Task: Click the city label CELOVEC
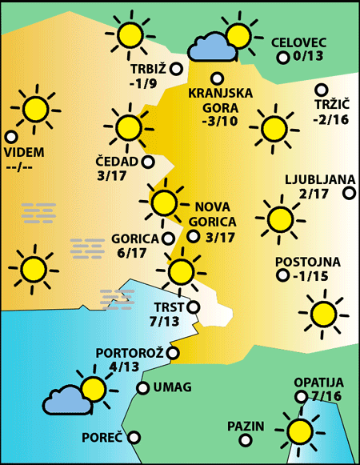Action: pyautogui.click(x=298, y=42)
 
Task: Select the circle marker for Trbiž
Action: pyautogui.click(x=176, y=69)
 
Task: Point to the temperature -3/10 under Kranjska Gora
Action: pyautogui.click(x=220, y=122)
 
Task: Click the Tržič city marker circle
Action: pyautogui.click(x=322, y=90)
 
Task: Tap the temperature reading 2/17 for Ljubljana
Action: pyautogui.click(x=314, y=194)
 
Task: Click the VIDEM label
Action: pyautogui.click(x=25, y=153)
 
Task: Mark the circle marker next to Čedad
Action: pyautogui.click(x=148, y=162)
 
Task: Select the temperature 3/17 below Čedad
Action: pyautogui.click(x=112, y=175)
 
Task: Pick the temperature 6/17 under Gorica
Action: pyautogui.click(x=131, y=253)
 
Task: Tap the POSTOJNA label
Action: pyautogui.click(x=308, y=262)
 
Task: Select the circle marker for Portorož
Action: pyautogui.click(x=173, y=352)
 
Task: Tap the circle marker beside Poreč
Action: pyautogui.click(x=134, y=437)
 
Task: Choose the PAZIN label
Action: pyautogui.click(x=245, y=426)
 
